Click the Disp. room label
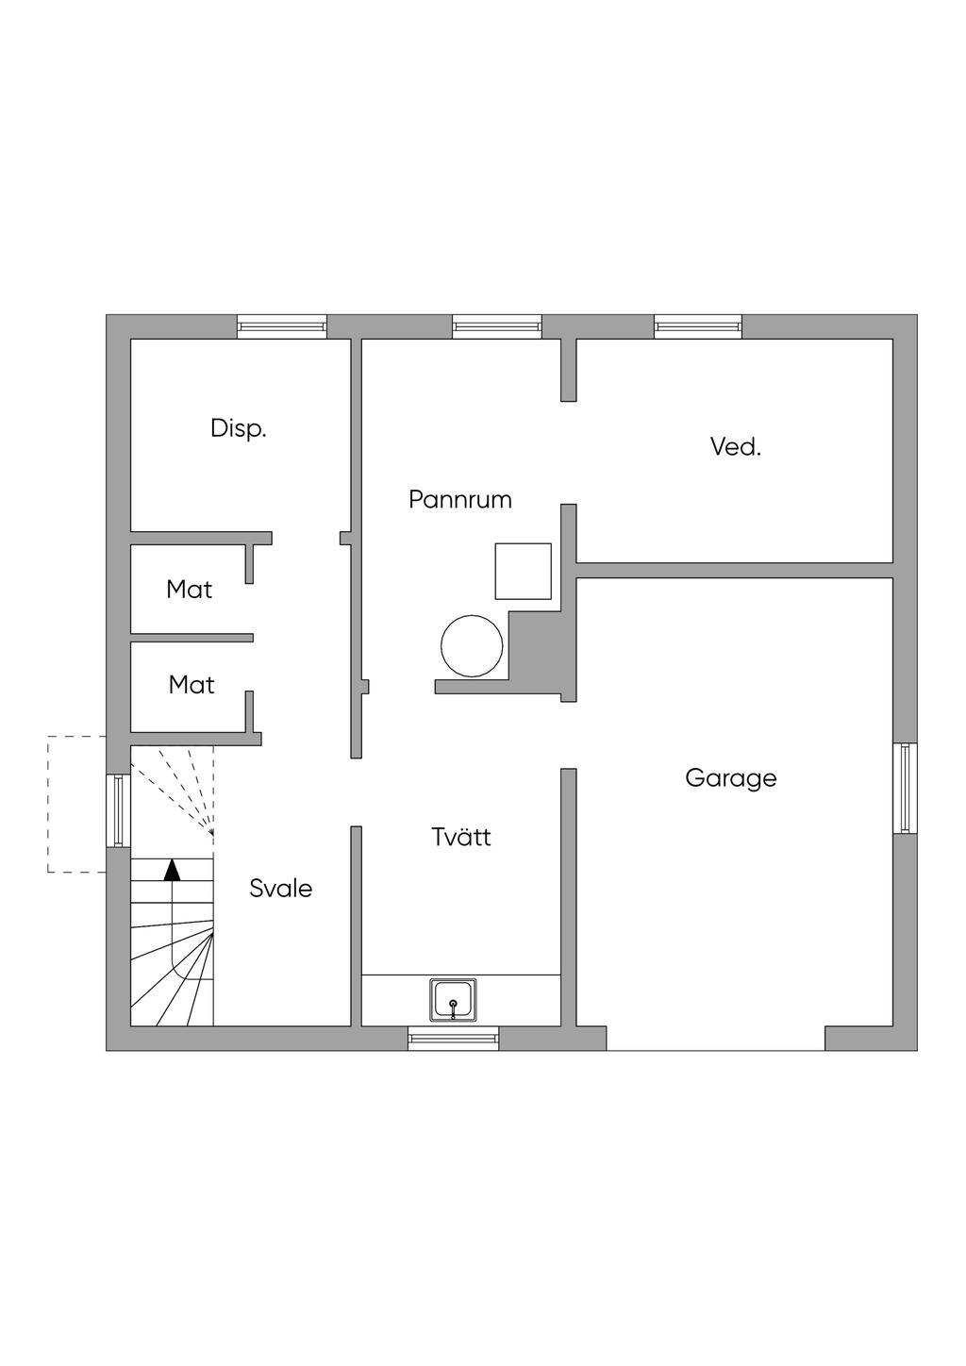(x=239, y=428)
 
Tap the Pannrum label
(x=460, y=499)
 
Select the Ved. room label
(x=736, y=447)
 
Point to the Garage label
(x=730, y=778)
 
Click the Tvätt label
(x=461, y=837)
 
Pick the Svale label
(x=280, y=889)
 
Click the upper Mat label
(x=189, y=590)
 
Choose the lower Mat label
(x=192, y=685)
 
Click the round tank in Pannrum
(x=472, y=646)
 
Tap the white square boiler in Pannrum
(x=524, y=572)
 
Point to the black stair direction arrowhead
(x=173, y=870)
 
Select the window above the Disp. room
(x=282, y=326)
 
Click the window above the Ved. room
(x=698, y=326)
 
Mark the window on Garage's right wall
(x=906, y=788)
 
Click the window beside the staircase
(x=118, y=810)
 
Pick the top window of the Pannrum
(x=497, y=326)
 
